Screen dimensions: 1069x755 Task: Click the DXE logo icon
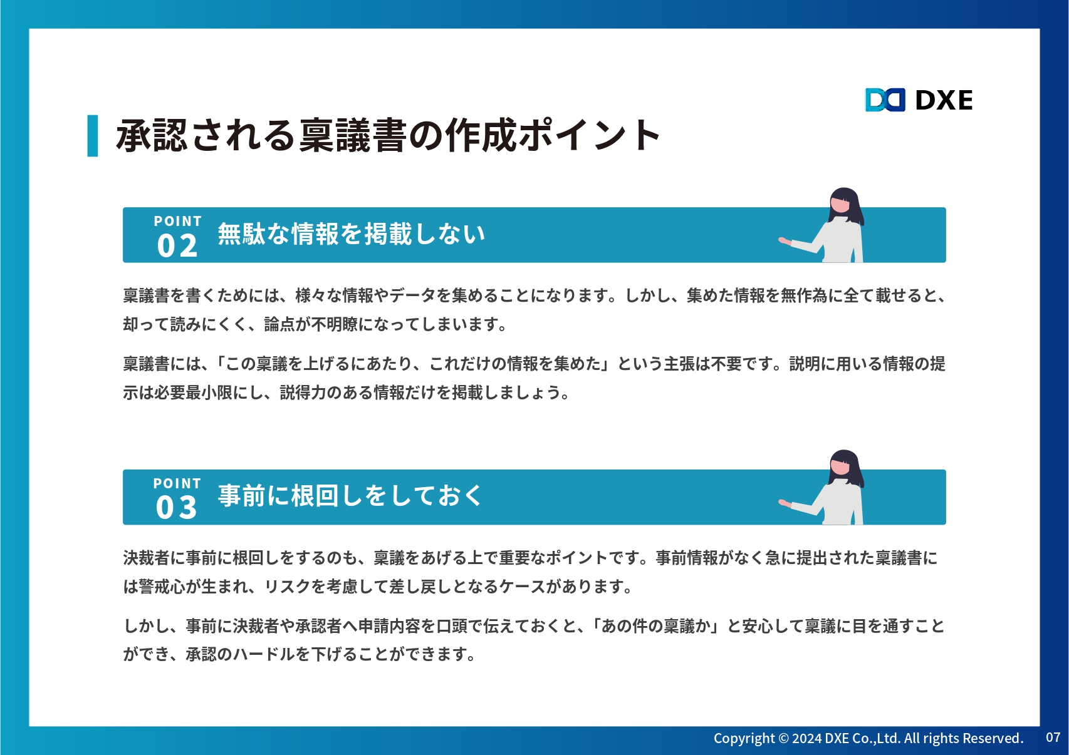coord(885,100)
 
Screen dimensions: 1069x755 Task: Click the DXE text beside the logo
coord(944,100)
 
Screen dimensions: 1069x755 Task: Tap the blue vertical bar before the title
coord(93,135)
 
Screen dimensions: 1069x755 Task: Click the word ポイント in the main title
coord(589,135)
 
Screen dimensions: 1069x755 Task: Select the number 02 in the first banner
coord(177,246)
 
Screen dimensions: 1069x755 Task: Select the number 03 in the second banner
coord(176,508)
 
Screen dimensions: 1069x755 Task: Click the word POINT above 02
coord(177,221)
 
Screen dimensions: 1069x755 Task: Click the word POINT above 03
coord(177,483)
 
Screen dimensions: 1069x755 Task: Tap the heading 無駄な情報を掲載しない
coord(352,234)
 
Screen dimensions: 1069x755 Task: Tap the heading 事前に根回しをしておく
coord(350,495)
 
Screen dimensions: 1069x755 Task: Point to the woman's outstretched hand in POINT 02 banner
coord(785,241)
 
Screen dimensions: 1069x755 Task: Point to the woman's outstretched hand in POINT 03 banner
coord(785,503)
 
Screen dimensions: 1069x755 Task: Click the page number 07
coord(1053,737)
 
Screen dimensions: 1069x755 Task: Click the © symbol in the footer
coord(784,738)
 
